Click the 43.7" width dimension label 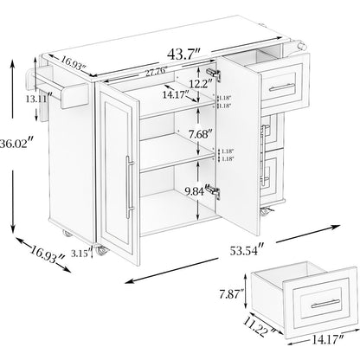[x=183, y=54]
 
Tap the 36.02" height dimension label [x=17, y=144]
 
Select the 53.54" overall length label [x=247, y=249]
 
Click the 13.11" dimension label [x=39, y=99]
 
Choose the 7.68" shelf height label [x=200, y=134]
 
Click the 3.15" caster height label [x=81, y=254]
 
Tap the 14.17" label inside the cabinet [x=176, y=94]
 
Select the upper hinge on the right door [x=214, y=74]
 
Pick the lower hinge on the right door [x=214, y=191]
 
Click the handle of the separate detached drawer [x=325, y=303]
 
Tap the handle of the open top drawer [x=282, y=87]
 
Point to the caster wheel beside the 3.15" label [x=101, y=252]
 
